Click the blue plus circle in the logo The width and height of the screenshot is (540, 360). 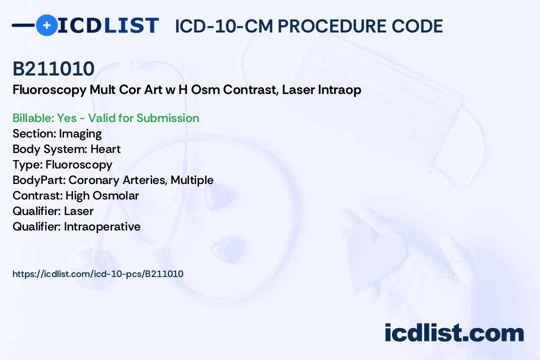pos(46,25)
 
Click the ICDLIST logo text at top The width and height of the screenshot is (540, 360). pos(108,25)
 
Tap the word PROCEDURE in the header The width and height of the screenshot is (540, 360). pos(331,26)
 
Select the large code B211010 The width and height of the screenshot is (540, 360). pos(53,68)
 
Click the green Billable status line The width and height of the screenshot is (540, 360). pos(106,118)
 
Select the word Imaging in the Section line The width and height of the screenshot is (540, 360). pos(80,133)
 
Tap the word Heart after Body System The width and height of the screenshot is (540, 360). pos(105,149)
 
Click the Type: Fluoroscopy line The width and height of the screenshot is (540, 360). pos(62,164)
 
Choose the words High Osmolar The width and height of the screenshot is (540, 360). pos(102,195)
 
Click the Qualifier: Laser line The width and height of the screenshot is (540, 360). pos(53,211)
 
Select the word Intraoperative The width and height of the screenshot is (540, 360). pos(102,226)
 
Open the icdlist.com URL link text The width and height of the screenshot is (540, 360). pos(98,274)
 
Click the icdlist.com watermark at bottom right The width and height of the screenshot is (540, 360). pos(454,333)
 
